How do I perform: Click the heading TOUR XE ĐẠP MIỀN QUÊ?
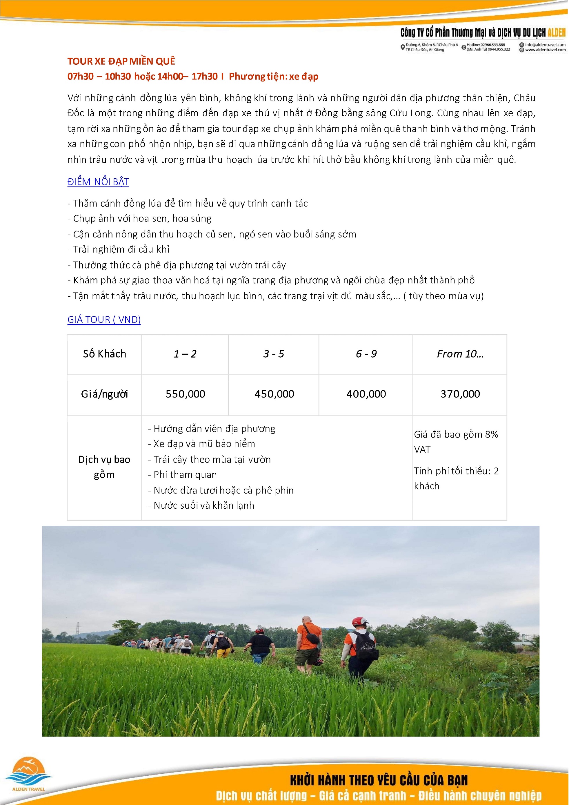[x=121, y=61]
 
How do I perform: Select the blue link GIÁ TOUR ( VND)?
[x=104, y=320]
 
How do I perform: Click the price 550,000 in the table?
[x=185, y=394]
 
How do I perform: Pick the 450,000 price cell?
[x=274, y=394]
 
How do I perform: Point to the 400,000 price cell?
[x=366, y=394]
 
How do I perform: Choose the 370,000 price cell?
[x=460, y=394]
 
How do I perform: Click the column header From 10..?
[x=460, y=354]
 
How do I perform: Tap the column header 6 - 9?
[x=366, y=354]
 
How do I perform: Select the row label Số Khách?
[x=104, y=354]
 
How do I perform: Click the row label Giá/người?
[x=104, y=394]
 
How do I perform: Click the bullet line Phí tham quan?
[x=185, y=475]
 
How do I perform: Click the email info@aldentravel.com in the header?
[x=545, y=45]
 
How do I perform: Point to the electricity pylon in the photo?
[x=78, y=628]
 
